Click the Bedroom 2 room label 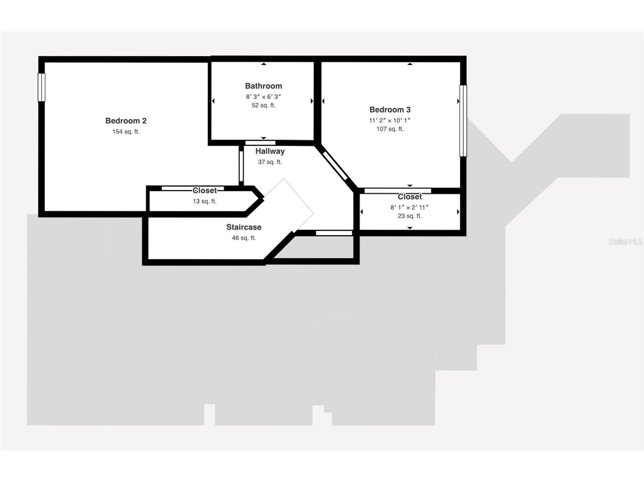(126, 121)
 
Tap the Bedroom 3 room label (390, 110)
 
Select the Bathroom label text (263, 86)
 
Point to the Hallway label (270, 151)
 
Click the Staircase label (244, 227)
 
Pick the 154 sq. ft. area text (126, 132)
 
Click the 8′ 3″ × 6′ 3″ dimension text (263, 96)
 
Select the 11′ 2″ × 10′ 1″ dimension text (390, 120)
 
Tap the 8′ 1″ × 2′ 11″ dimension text (409, 207)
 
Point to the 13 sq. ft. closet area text (205, 201)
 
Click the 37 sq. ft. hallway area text (270, 162)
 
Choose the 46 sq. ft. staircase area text (244, 238)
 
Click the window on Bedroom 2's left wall (41, 87)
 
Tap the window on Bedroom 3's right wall (463, 121)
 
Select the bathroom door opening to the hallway (260, 143)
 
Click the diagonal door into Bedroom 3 (335, 166)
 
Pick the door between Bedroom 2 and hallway (241, 166)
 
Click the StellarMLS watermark (625, 242)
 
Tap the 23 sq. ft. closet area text (409, 216)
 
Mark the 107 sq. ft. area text (390, 129)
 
